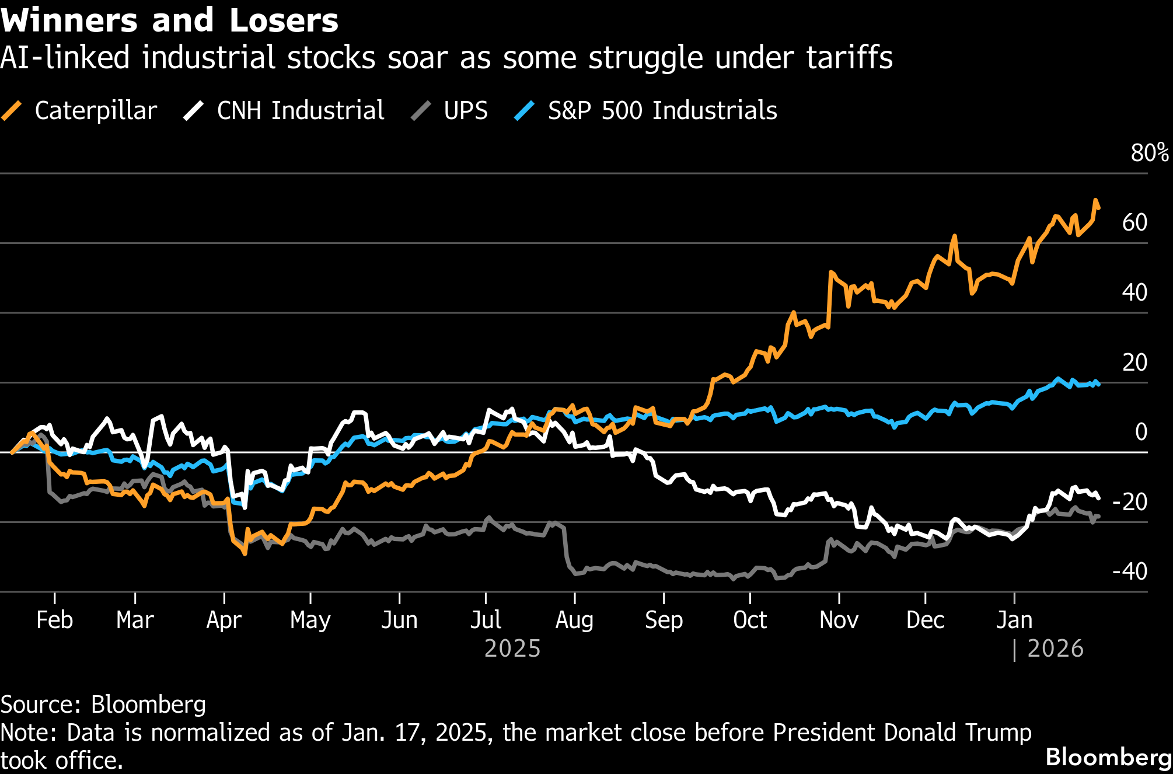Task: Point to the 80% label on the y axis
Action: point(1149,153)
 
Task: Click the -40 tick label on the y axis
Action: point(1130,571)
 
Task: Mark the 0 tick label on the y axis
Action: point(1141,432)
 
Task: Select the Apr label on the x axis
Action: point(224,620)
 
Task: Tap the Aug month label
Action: point(574,620)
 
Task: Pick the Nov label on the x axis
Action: point(839,620)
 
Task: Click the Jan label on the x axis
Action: point(1014,620)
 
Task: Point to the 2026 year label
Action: point(1055,649)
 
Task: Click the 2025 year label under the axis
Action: point(512,649)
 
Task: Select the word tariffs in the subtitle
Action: point(850,58)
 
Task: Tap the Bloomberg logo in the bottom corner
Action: point(1108,757)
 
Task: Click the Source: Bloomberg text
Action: point(103,705)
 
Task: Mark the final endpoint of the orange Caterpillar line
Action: point(1099,208)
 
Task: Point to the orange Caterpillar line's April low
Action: point(245,553)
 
